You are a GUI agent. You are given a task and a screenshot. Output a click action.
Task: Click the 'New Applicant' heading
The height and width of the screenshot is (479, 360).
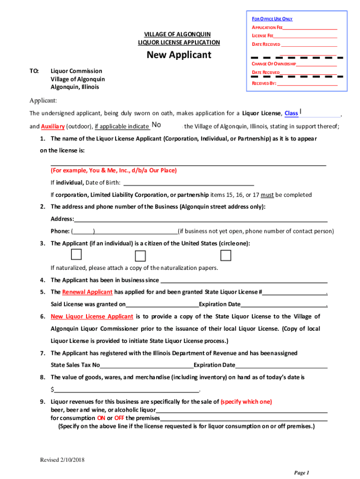point(179,55)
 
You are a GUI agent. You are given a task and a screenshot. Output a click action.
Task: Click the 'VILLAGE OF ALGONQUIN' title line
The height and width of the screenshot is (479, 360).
point(177,35)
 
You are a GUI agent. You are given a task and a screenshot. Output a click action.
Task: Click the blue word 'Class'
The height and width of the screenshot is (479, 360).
point(291,114)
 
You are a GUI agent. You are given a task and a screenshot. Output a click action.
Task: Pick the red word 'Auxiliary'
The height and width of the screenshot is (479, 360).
point(52,126)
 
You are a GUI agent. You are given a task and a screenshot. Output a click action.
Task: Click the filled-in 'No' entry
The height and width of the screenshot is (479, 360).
point(157,125)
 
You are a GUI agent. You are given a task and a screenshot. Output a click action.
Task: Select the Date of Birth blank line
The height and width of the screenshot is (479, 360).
point(188,183)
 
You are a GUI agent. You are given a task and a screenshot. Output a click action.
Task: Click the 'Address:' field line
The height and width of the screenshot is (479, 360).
point(201,219)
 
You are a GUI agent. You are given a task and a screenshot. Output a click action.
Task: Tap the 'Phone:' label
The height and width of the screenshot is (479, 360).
point(60,231)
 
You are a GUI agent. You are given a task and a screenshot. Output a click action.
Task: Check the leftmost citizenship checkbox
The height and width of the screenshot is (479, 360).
point(76,254)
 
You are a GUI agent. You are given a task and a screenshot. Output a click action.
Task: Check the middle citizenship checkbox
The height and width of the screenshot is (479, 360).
point(140,256)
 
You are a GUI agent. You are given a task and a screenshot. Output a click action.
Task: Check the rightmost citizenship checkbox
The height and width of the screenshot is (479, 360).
point(226,255)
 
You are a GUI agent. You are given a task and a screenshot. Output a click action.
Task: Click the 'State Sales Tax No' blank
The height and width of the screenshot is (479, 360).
point(146,365)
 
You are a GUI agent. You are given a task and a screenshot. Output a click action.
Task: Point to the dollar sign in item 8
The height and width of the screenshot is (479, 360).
point(52,390)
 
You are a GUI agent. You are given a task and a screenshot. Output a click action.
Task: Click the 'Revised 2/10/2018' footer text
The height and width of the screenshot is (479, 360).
point(62,460)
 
